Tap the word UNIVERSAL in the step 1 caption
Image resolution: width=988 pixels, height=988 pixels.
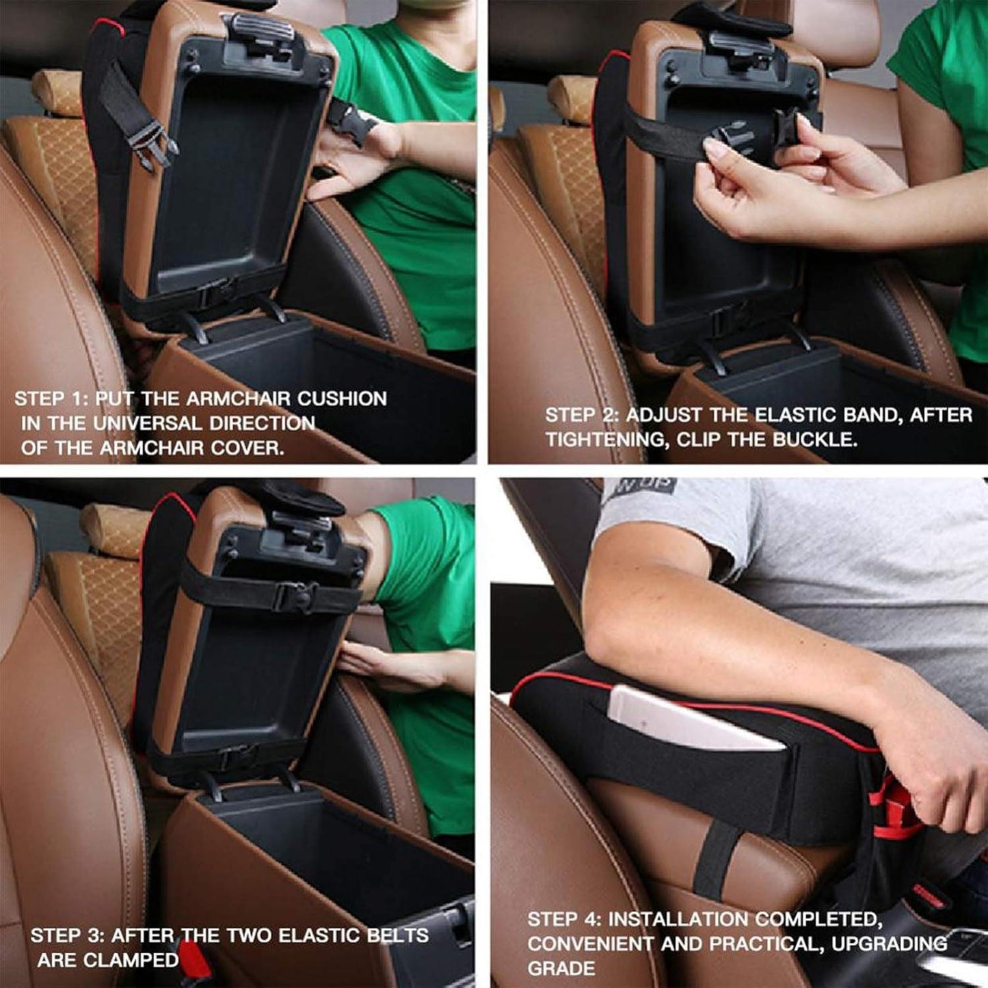point(148,424)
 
